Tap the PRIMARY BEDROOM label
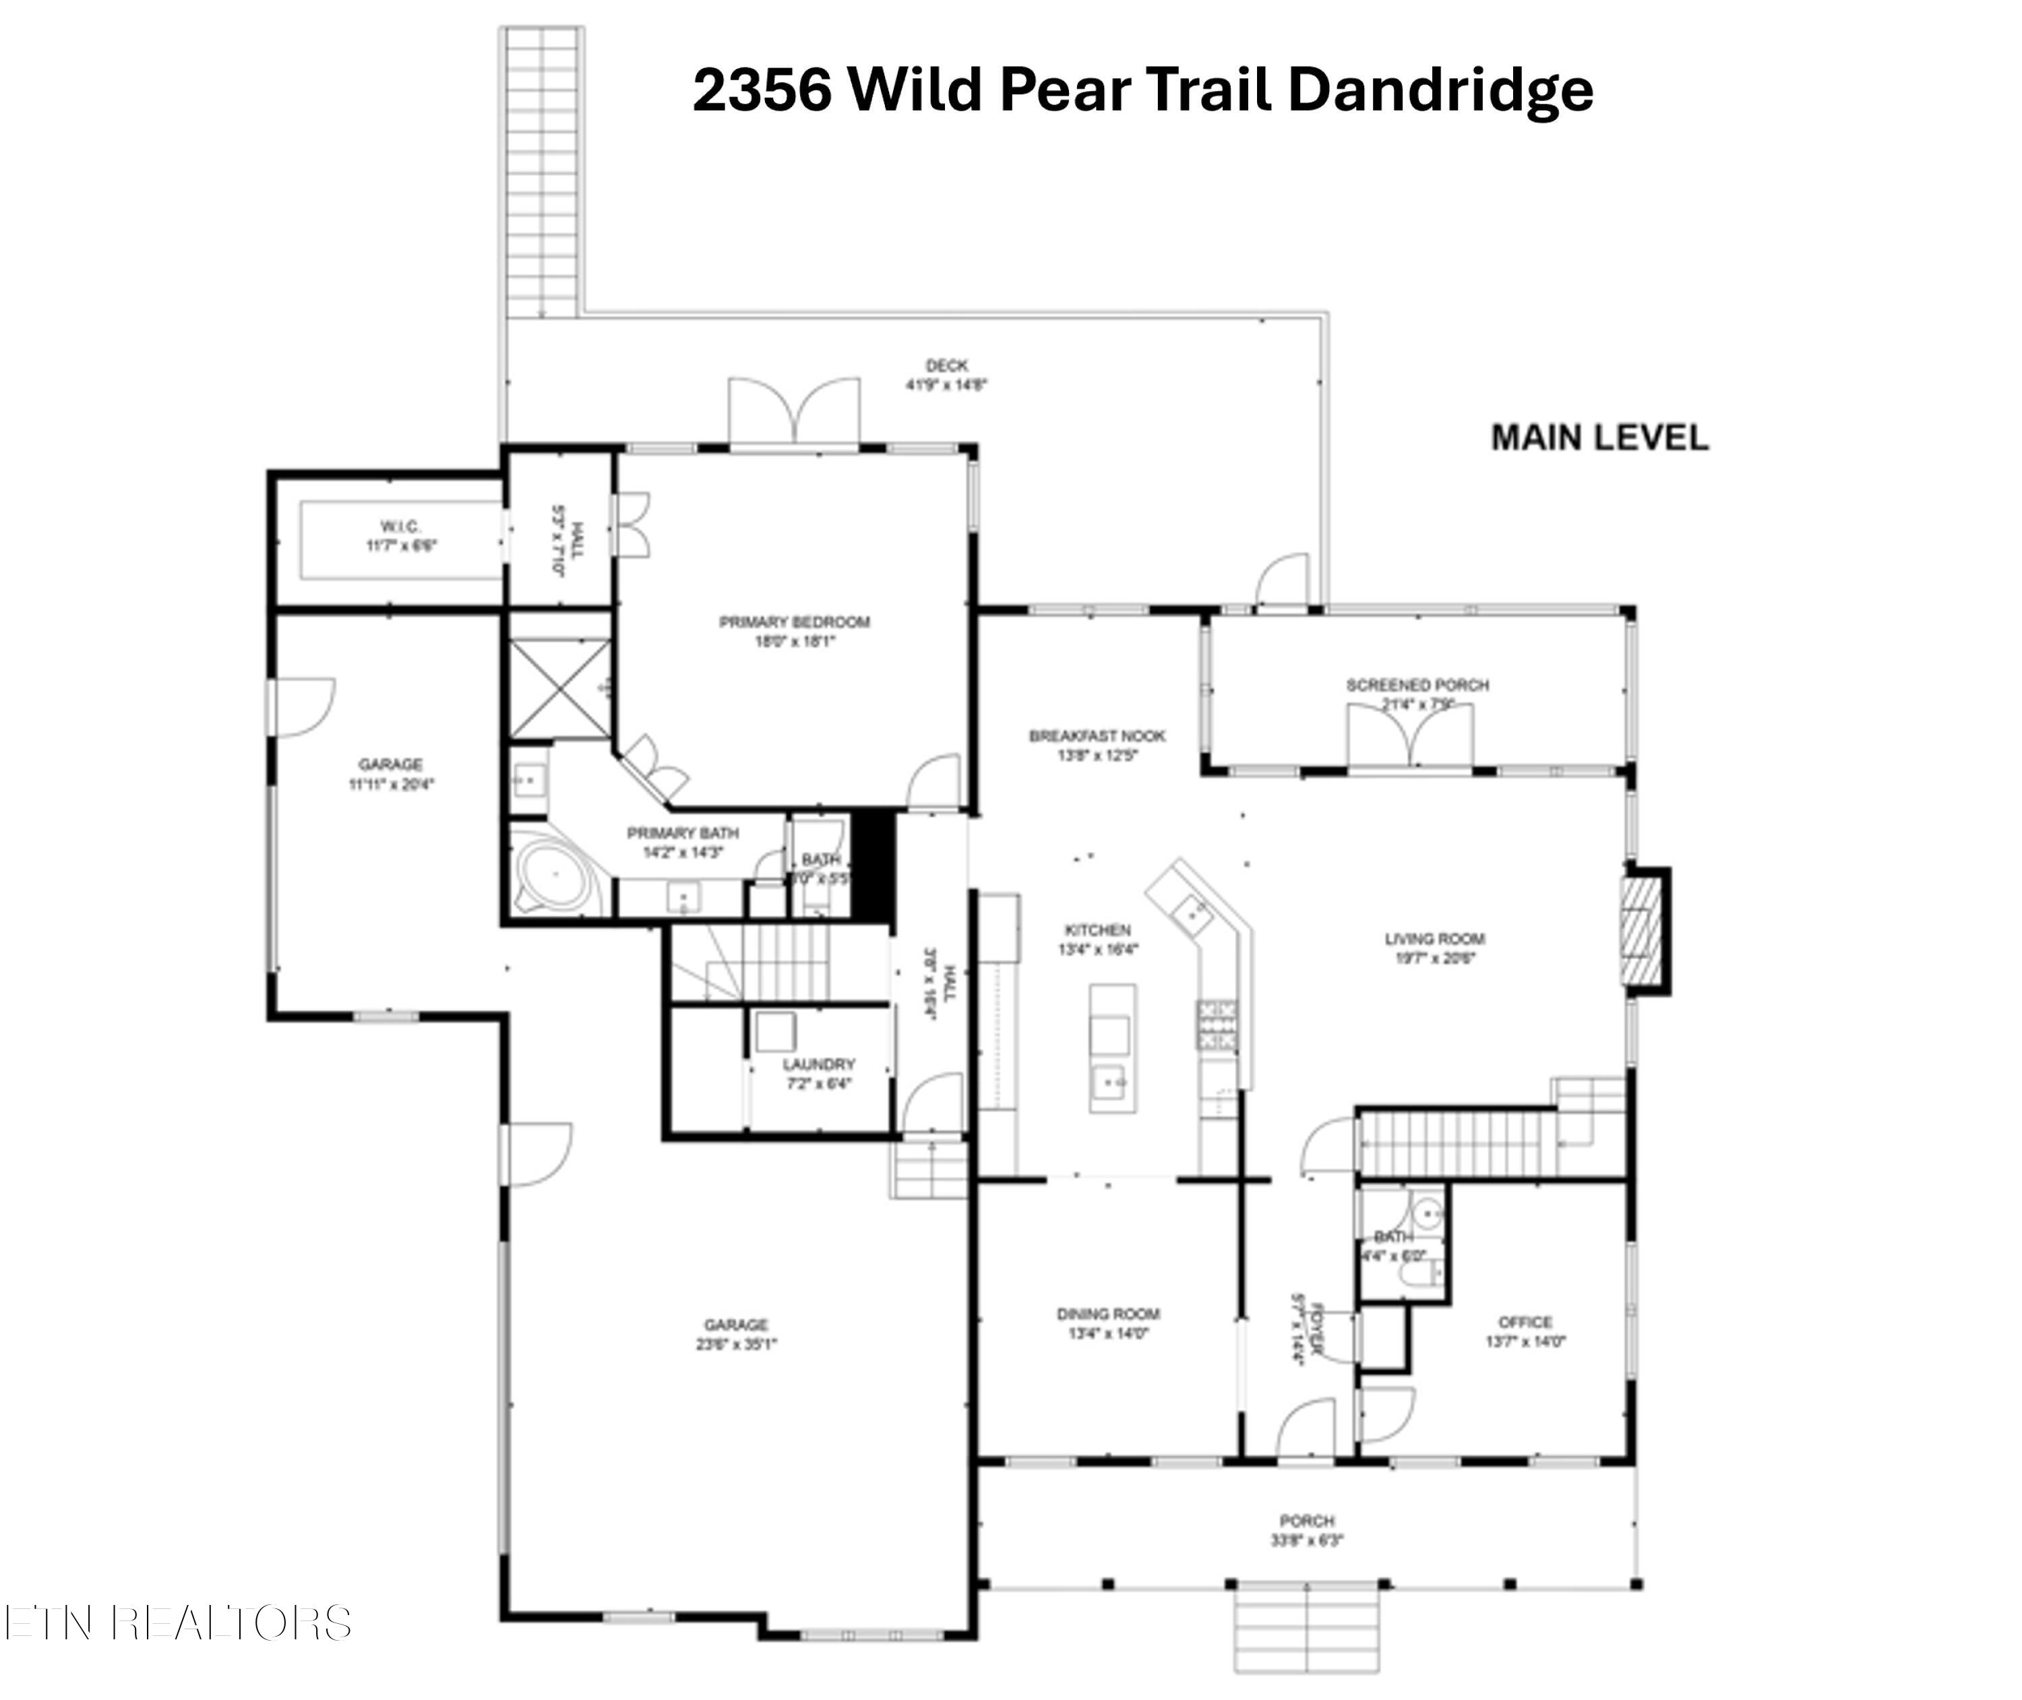tap(794, 623)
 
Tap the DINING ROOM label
tap(1107, 1314)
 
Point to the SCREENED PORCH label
tap(1417, 686)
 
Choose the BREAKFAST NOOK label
tap(1097, 736)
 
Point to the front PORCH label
tap(1307, 1521)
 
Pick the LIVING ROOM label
tap(1434, 939)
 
